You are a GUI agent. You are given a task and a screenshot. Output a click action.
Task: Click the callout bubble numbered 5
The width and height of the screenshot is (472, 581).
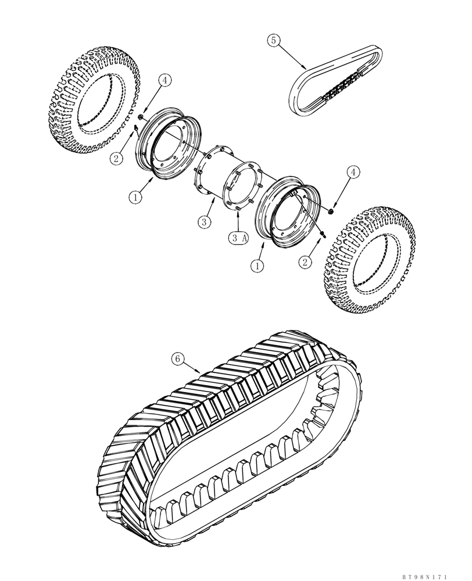tap(273, 40)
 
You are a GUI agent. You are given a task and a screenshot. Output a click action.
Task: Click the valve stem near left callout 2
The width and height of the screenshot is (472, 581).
tap(135, 129)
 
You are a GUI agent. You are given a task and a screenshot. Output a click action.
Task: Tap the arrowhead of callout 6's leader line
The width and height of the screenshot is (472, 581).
tap(200, 372)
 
